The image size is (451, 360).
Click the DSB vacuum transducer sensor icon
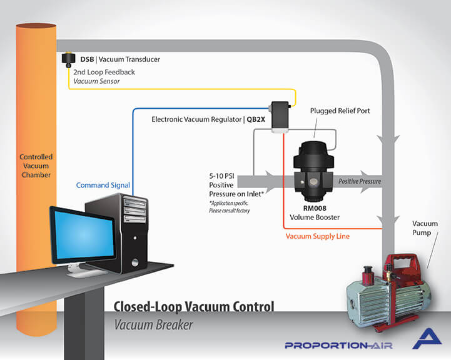pyautogui.click(x=68, y=61)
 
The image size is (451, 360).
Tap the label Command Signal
pyautogui.click(x=103, y=185)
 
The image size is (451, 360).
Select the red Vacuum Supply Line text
pyautogui.click(x=318, y=236)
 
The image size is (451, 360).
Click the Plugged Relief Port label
pyautogui.click(x=340, y=111)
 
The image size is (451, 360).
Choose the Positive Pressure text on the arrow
pyautogui.click(x=360, y=181)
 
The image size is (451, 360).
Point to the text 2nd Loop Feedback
pyautogui.click(x=104, y=72)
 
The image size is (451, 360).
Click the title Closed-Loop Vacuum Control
pyautogui.click(x=194, y=307)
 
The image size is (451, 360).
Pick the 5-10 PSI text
pyautogui.click(x=226, y=176)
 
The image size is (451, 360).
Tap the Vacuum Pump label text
pyautogui.click(x=425, y=229)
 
